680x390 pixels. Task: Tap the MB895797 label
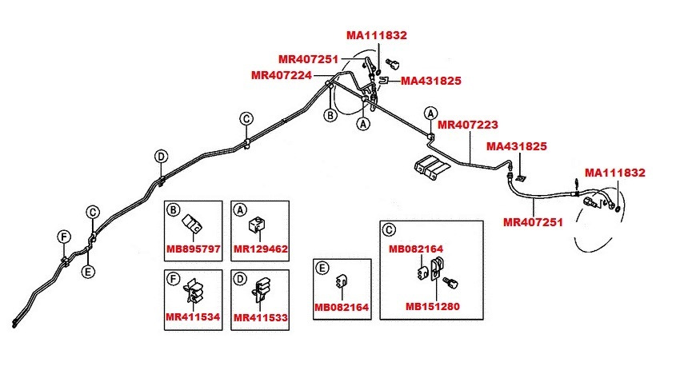pyautogui.click(x=193, y=249)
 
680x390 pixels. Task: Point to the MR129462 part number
pyautogui.click(x=261, y=249)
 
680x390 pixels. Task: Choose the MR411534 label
pyautogui.click(x=193, y=317)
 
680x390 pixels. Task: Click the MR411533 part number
pyautogui.click(x=261, y=317)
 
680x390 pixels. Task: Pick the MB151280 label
pyautogui.click(x=433, y=305)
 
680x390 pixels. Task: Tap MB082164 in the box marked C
pyautogui.click(x=416, y=249)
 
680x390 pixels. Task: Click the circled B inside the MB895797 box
pyautogui.click(x=174, y=210)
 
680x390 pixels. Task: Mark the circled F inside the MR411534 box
pyautogui.click(x=174, y=279)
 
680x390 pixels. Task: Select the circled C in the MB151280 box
pyautogui.click(x=389, y=230)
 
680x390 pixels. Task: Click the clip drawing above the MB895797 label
pyautogui.click(x=192, y=224)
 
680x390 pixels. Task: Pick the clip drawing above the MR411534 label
pyautogui.click(x=193, y=291)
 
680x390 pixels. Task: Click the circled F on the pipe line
pyautogui.click(x=63, y=236)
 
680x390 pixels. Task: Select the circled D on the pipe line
pyautogui.click(x=161, y=156)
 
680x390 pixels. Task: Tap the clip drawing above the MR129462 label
pyautogui.click(x=258, y=225)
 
